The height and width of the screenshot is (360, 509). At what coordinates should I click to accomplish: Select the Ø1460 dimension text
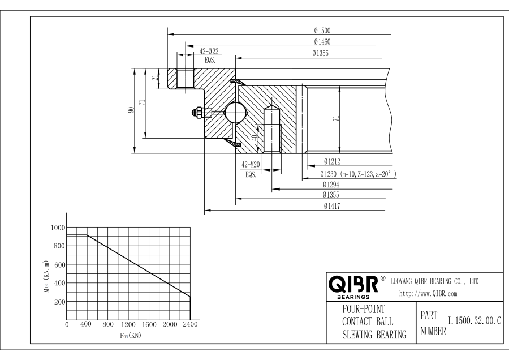click(x=323, y=42)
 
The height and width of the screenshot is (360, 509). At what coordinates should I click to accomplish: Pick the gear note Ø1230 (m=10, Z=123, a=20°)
click(x=357, y=174)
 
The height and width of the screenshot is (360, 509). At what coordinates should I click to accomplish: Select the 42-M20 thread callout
click(x=251, y=164)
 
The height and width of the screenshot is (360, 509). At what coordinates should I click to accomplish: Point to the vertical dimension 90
click(x=131, y=110)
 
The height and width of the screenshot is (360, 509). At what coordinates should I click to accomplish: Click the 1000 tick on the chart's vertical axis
click(x=57, y=228)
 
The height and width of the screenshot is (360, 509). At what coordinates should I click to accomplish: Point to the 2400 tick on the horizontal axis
click(x=191, y=325)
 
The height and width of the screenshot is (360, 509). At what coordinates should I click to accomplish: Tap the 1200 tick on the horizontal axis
click(x=129, y=325)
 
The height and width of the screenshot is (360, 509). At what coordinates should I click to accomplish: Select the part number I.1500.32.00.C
click(x=474, y=322)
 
